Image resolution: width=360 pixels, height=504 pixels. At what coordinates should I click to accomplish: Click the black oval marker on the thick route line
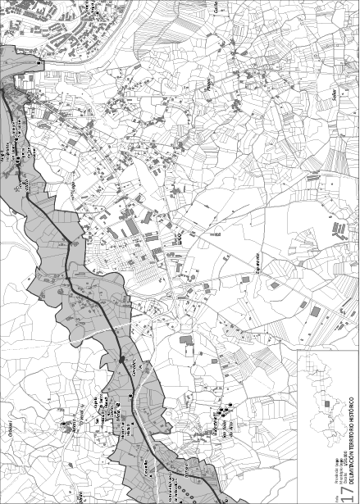coord(121,359)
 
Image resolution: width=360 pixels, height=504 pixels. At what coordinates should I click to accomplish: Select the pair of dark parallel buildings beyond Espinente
coord(336,229)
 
